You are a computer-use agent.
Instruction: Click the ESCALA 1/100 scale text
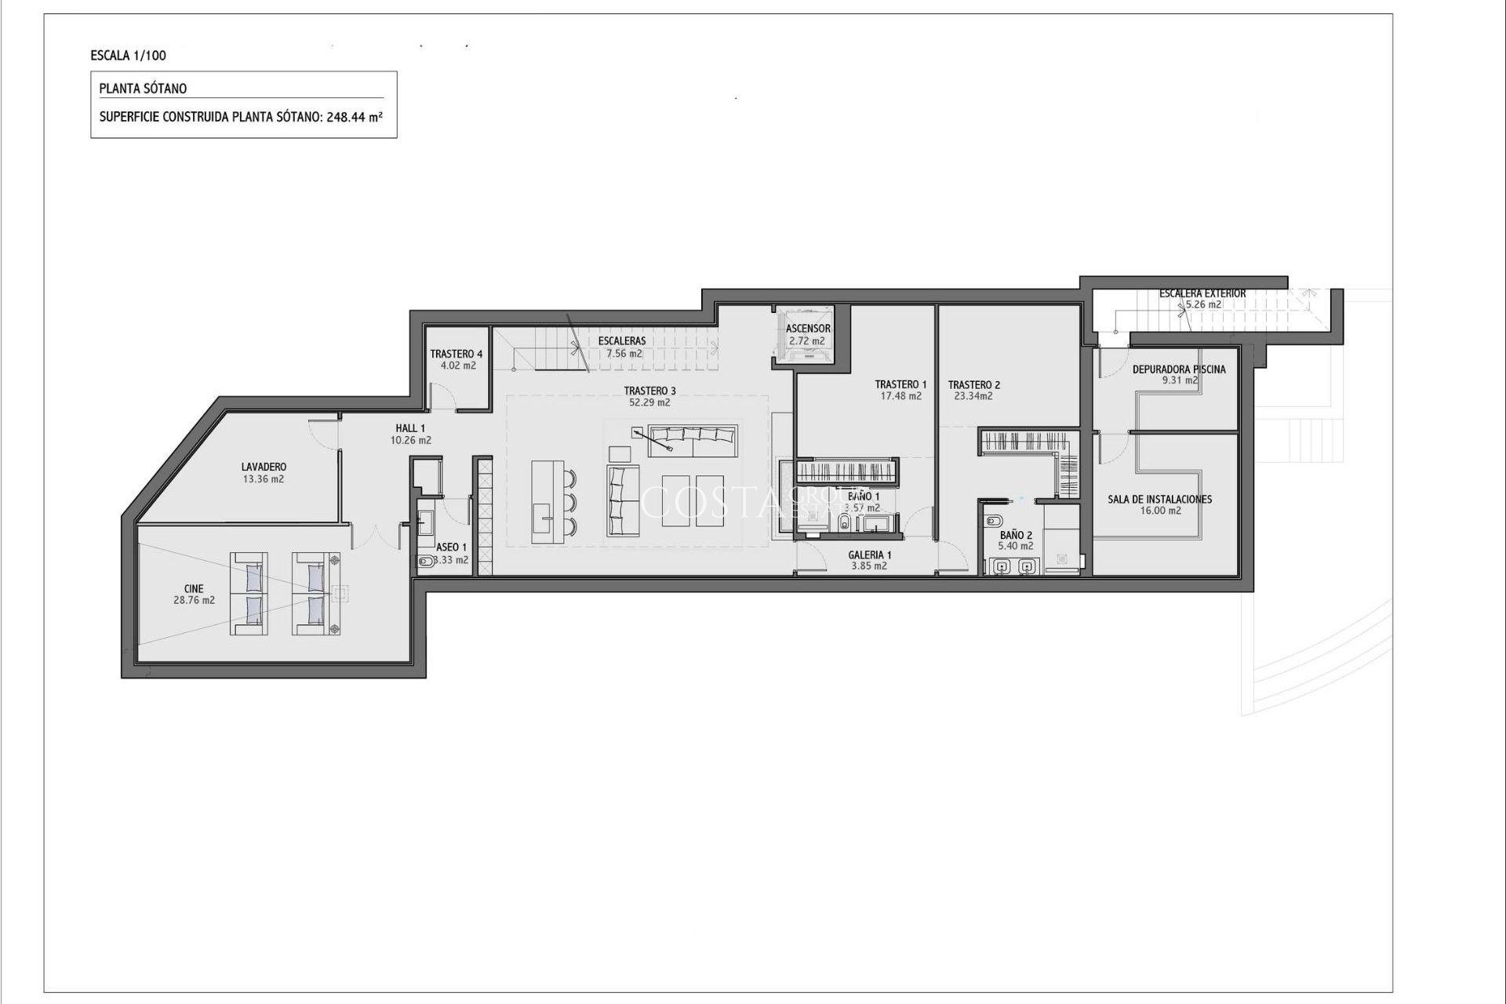[128, 56]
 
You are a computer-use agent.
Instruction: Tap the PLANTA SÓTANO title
[143, 89]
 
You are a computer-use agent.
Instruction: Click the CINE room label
[194, 588]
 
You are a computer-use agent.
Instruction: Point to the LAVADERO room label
[264, 467]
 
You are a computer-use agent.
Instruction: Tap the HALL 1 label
[410, 428]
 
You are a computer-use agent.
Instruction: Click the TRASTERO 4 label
[457, 354]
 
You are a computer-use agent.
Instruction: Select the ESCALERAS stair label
[621, 341]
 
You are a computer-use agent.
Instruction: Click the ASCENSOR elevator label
[808, 329]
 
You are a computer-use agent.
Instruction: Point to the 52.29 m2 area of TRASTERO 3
[649, 402]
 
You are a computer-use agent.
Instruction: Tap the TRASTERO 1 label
[900, 384]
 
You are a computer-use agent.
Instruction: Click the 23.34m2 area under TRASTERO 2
[973, 396]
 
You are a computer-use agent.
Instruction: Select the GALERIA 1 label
[869, 555]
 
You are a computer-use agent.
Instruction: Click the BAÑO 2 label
[1016, 535]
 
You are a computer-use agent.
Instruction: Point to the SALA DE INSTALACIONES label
[1159, 499]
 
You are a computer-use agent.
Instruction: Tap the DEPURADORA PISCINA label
[1178, 369]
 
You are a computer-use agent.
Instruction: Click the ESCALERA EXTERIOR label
[1202, 293]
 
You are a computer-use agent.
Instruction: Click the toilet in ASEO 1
[424, 561]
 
